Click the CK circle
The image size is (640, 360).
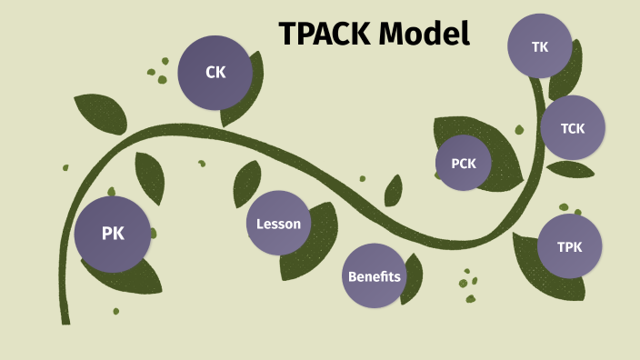point(215,72)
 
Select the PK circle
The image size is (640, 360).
point(113,234)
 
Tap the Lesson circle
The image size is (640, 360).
point(278,224)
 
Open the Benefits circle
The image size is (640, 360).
point(374,275)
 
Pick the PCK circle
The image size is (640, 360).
point(464,164)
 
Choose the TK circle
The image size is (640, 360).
point(539,45)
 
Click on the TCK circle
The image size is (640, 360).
point(573,128)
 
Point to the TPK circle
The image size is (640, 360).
point(569,246)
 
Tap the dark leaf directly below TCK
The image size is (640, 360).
point(571,169)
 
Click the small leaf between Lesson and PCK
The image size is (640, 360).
point(393,191)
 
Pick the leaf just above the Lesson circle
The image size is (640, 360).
point(246,182)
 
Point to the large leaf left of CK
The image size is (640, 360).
point(101,113)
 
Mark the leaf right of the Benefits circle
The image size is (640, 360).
point(411,282)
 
